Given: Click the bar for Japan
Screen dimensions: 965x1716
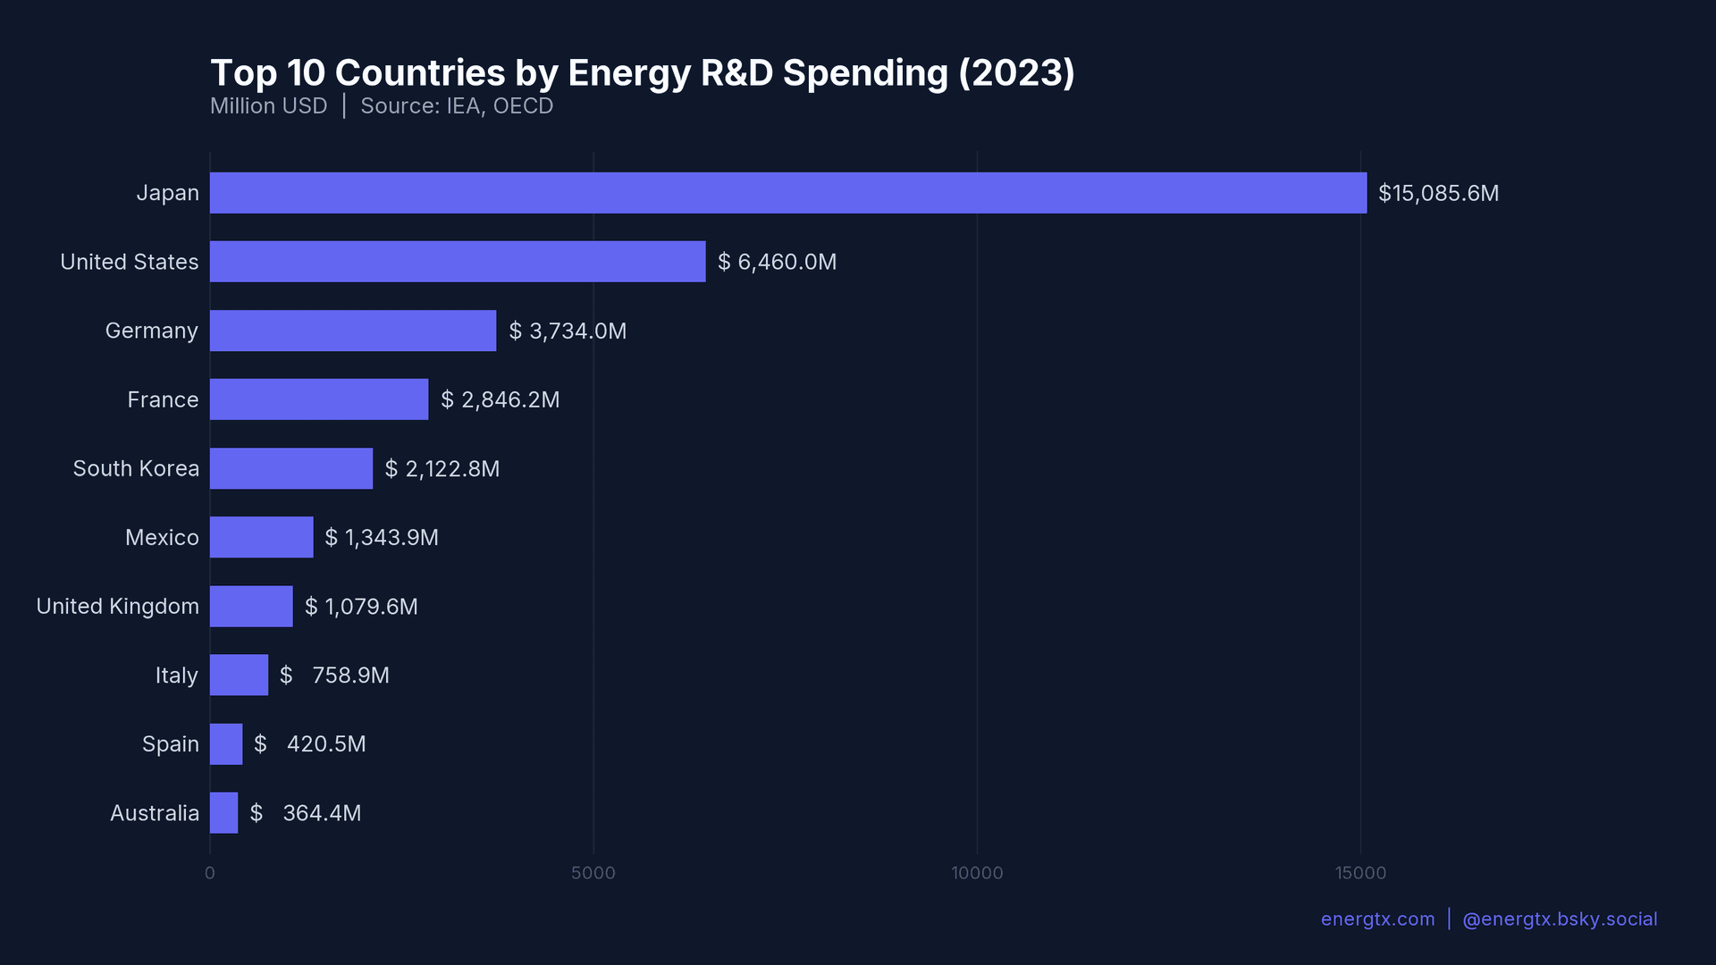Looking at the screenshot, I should pos(787,193).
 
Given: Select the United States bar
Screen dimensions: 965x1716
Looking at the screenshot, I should pos(457,262).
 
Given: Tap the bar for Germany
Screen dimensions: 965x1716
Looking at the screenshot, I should pos(352,331).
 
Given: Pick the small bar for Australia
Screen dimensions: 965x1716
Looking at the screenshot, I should pos(223,813).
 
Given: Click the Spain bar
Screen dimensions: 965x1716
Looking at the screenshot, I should pos(225,744).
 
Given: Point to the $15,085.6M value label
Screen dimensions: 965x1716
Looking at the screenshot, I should pos(1438,193).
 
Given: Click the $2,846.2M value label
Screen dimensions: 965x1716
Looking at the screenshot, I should pos(500,399).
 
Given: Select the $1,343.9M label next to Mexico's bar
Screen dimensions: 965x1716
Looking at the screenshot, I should pos(382,537).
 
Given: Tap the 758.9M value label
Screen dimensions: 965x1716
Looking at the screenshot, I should pos(335,675).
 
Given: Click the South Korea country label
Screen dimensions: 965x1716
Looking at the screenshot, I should pos(136,468).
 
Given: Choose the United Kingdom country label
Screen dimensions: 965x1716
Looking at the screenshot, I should pos(117,606).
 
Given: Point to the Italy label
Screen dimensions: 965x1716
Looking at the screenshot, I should pos(176,675).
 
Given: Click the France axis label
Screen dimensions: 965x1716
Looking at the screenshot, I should pos(163,399).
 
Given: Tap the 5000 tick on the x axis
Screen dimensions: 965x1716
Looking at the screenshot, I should pos(593,873).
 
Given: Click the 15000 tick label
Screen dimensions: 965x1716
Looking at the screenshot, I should pos(1360,873).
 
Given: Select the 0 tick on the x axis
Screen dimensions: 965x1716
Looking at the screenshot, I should pos(210,873).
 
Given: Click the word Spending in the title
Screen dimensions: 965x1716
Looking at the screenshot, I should pos(864,73).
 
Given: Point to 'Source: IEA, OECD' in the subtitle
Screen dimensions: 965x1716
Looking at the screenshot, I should pos(457,105).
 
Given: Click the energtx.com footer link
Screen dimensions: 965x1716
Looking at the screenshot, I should pos(1377,919).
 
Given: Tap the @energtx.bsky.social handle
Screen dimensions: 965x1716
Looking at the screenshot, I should pos(1559,919).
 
